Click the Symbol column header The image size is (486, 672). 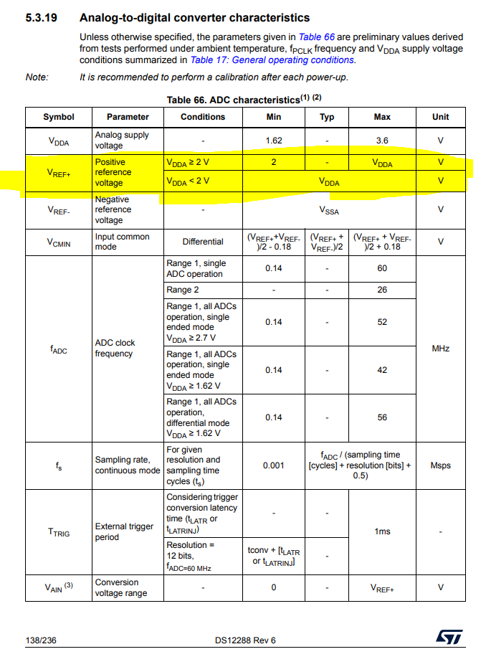pyautogui.click(x=58, y=117)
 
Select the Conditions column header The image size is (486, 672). pyautogui.click(x=203, y=117)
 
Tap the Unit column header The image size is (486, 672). pyautogui.click(x=440, y=117)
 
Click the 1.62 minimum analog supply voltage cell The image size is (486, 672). pyautogui.click(x=273, y=141)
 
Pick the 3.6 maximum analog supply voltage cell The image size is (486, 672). pyautogui.click(x=382, y=141)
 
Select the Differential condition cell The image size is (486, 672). pyautogui.click(x=203, y=242)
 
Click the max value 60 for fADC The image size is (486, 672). pyautogui.click(x=382, y=268)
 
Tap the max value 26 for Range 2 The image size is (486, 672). pyautogui.click(x=382, y=290)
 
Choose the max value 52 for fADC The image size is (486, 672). pyautogui.click(x=382, y=322)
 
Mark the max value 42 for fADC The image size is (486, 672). pyautogui.click(x=382, y=370)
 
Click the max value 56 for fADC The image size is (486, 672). pyautogui.click(x=382, y=417)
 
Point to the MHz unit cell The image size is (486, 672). pyautogui.click(x=440, y=348)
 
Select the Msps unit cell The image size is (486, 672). pyautogui.click(x=440, y=465)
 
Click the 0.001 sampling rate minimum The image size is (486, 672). pyautogui.click(x=273, y=465)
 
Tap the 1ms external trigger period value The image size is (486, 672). pyautogui.click(x=382, y=531)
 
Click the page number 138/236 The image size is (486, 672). pyautogui.click(x=41, y=640)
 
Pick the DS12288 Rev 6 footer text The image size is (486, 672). pyautogui.click(x=244, y=640)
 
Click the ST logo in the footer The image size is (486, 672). pyautogui.click(x=449, y=638)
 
